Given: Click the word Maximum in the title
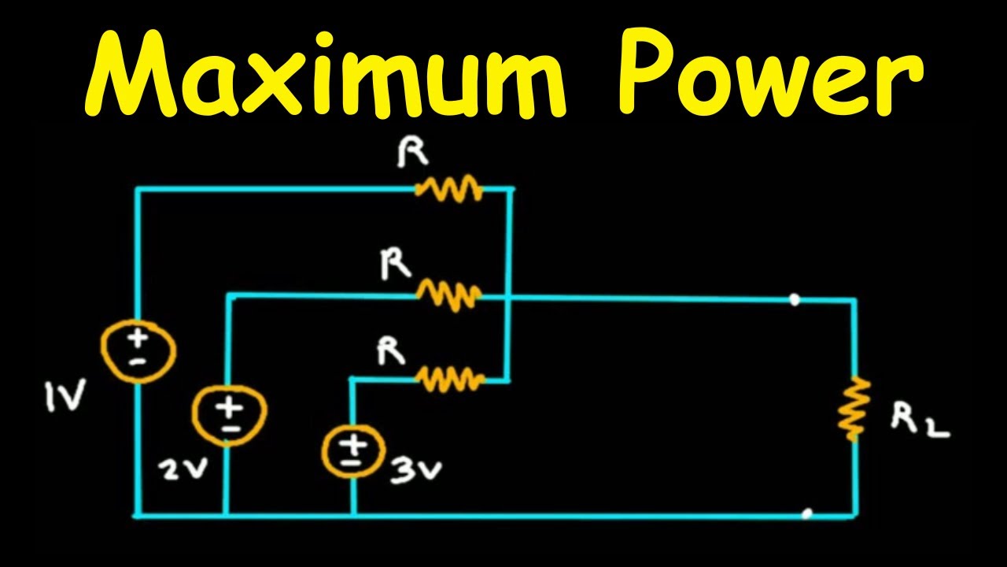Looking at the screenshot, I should [323, 75].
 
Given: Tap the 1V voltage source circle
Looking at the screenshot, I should [138, 349].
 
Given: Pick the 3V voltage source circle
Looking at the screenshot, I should [352, 454].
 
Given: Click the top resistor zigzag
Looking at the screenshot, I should [449, 188].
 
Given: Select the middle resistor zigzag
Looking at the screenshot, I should [448, 295].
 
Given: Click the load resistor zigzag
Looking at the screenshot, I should [854, 408].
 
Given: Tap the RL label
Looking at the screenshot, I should [919, 422].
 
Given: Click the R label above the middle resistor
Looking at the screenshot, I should [395, 265].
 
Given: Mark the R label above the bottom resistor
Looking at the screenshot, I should [391, 351].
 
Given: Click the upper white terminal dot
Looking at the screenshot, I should [795, 299].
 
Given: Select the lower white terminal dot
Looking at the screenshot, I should [806, 515].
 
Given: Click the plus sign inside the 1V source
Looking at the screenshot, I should [138, 339].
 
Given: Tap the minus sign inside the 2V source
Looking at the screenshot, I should [230, 428].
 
